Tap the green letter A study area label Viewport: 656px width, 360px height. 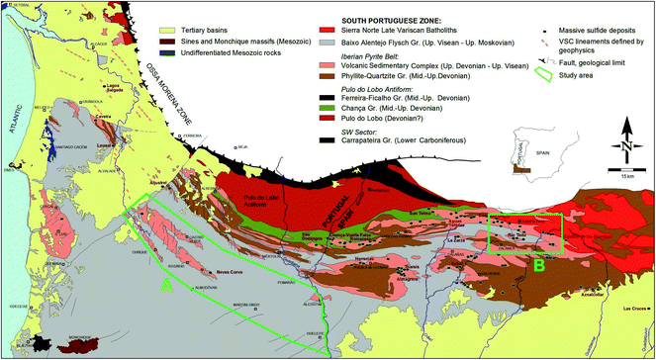tap(167, 286)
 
